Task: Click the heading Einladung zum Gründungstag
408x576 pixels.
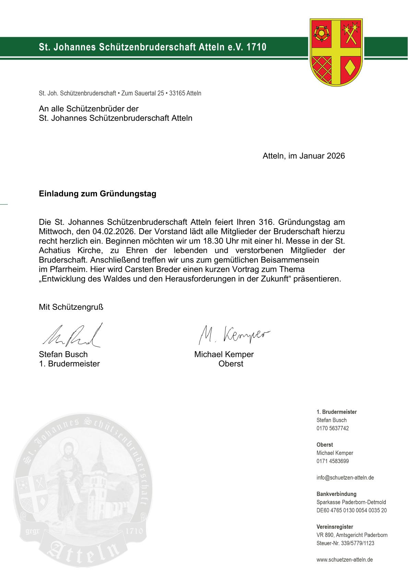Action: (97, 194)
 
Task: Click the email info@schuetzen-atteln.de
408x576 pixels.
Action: (345, 477)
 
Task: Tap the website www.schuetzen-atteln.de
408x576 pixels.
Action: (345, 560)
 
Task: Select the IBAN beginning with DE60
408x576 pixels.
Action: (351, 510)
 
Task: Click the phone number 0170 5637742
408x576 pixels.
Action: (333, 428)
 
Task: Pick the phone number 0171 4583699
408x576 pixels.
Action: (333, 461)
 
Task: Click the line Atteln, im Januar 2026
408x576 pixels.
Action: (303, 156)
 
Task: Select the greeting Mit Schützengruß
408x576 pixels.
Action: (71, 307)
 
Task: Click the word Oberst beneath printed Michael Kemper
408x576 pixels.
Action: (231, 364)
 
